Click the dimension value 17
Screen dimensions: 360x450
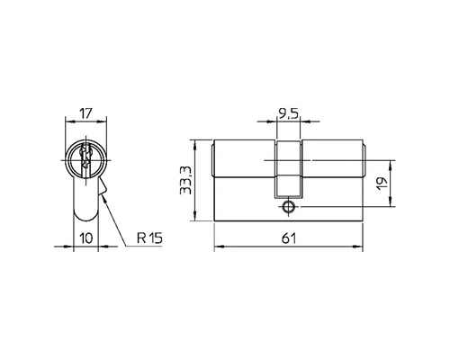coord(86,114)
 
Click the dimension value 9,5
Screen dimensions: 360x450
coord(287,114)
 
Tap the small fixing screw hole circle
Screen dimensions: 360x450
coord(287,206)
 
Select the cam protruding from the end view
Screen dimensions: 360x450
coord(104,189)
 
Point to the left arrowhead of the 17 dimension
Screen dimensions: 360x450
coord(71,122)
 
